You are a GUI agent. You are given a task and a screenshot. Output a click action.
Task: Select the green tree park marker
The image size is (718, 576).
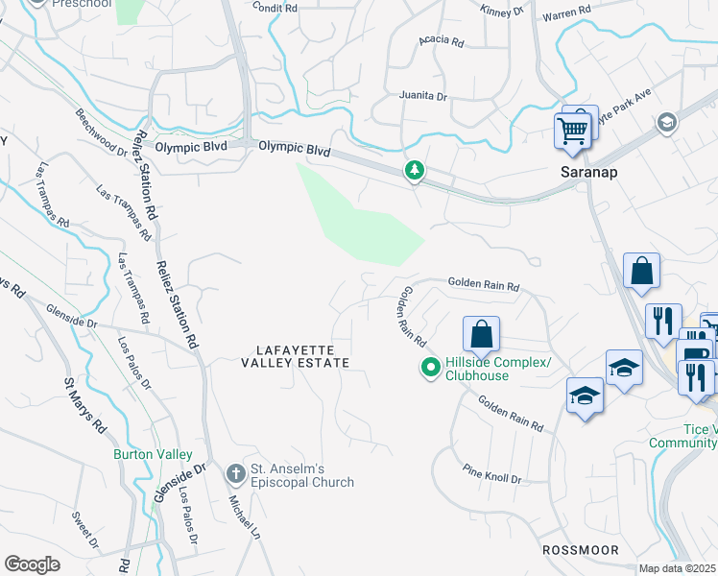415,171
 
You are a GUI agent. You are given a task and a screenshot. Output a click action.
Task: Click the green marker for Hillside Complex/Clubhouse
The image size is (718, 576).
431,367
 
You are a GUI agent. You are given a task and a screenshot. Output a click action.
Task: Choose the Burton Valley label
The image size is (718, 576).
154,454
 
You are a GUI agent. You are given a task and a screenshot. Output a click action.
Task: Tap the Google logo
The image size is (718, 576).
32,564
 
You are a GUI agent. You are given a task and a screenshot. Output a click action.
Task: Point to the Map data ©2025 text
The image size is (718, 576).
678,568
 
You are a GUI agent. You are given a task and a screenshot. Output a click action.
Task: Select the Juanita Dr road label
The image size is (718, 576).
423,96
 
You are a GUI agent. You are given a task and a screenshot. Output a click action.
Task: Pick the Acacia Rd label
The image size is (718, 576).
441,42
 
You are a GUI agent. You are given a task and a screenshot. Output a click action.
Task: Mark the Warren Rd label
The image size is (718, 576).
562,16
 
